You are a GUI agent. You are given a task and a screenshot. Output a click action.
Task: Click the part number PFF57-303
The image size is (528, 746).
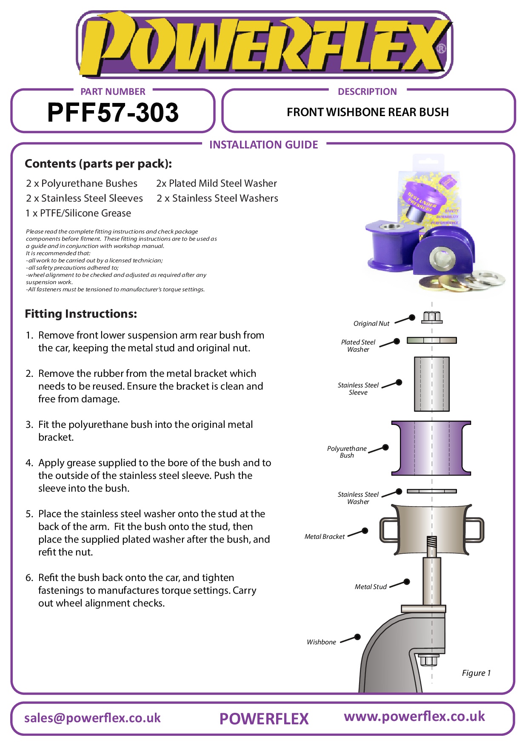click(x=113, y=113)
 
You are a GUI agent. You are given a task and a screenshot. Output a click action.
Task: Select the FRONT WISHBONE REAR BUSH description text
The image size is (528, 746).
click(x=368, y=112)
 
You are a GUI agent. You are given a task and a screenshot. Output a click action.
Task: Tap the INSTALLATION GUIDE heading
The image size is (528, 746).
click(x=263, y=145)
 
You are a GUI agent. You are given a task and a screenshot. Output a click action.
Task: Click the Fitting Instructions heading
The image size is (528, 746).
click(x=81, y=314)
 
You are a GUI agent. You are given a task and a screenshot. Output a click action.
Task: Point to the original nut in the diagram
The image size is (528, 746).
click(x=431, y=317)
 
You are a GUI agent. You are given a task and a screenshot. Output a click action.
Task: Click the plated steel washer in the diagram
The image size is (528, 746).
click(x=431, y=340)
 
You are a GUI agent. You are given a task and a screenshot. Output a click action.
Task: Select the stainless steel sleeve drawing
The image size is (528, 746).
click(x=431, y=384)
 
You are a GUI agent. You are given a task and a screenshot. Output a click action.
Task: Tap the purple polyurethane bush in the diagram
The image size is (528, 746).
click(x=431, y=448)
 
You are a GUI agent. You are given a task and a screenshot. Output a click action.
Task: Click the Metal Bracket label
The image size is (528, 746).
click(x=325, y=537)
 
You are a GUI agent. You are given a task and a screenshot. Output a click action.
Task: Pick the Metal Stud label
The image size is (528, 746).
click(x=371, y=587)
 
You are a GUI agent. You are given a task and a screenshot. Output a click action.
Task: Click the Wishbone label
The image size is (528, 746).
click(x=321, y=642)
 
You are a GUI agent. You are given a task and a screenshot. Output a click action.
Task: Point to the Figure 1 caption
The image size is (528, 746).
click(x=476, y=673)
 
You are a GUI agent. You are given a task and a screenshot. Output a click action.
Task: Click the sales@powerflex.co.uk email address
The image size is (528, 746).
click(x=92, y=718)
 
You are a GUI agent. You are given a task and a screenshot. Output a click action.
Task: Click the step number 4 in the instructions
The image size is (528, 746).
click(x=29, y=463)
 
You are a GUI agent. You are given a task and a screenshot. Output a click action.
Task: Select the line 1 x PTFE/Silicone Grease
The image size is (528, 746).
click(x=78, y=213)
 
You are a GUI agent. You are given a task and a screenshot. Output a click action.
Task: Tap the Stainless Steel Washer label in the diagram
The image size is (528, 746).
click(x=358, y=498)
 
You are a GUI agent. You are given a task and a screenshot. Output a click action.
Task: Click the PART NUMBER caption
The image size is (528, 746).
click(x=113, y=91)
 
